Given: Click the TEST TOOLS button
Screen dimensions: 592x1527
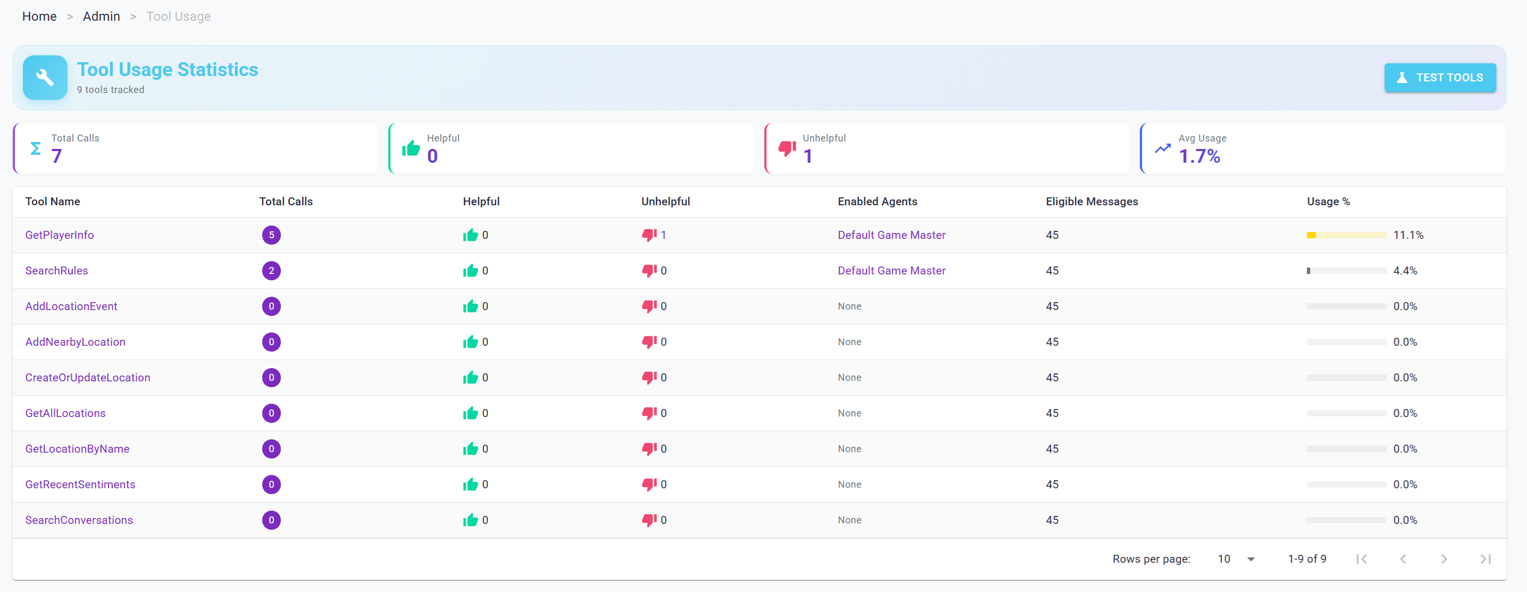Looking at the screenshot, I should pyautogui.click(x=1439, y=78).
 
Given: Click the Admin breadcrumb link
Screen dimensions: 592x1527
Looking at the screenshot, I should pyautogui.click(x=102, y=16).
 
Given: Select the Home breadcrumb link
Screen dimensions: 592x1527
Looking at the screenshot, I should pyautogui.click(x=39, y=16).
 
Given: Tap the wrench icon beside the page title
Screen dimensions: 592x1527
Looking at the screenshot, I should pyautogui.click(x=45, y=78).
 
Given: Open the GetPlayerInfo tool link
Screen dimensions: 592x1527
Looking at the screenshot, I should pyautogui.click(x=59, y=235).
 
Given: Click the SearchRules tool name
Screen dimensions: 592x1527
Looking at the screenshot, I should pyautogui.click(x=56, y=271).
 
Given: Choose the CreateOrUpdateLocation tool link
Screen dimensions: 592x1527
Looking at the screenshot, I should pyautogui.click(x=88, y=378).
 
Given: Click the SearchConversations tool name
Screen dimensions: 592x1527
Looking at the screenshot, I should pyautogui.click(x=79, y=520).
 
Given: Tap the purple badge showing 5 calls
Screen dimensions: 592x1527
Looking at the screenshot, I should pyautogui.click(x=271, y=235).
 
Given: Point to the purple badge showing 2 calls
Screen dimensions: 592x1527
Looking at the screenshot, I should pyautogui.click(x=271, y=271).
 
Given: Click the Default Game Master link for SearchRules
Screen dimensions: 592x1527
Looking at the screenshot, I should pyautogui.click(x=891, y=271).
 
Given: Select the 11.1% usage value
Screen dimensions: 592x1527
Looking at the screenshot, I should pyautogui.click(x=1408, y=235).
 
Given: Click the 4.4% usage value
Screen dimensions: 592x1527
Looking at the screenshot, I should pyautogui.click(x=1404, y=271).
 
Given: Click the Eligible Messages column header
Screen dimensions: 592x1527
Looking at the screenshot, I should pyautogui.click(x=1091, y=202).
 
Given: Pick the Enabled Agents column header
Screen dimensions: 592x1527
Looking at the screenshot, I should pyautogui.click(x=877, y=202).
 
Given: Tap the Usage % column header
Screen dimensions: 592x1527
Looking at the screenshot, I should pyautogui.click(x=1328, y=202).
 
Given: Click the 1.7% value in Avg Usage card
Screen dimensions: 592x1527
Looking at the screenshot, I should pyautogui.click(x=1199, y=156).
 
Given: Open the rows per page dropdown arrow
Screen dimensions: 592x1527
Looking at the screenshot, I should pyautogui.click(x=1251, y=560).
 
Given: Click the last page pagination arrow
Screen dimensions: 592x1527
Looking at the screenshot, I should pyautogui.click(x=1485, y=560).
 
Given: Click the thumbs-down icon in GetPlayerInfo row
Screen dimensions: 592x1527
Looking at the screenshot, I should pyautogui.click(x=649, y=235).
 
